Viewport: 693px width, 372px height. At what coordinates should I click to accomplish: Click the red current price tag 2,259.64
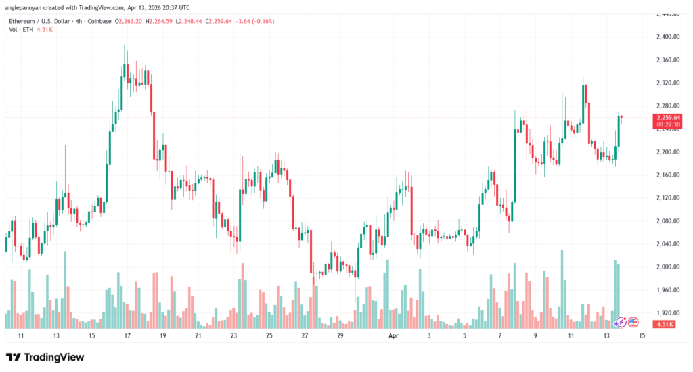(x=668, y=118)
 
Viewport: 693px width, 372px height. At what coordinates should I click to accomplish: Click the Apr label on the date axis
(x=393, y=335)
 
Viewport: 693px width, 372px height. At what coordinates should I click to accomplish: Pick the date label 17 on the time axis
(x=127, y=335)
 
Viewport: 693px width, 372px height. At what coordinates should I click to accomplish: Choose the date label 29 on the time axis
(x=340, y=335)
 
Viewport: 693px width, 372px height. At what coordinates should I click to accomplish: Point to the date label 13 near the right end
(x=606, y=335)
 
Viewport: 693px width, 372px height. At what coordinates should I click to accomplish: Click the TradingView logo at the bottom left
(x=45, y=357)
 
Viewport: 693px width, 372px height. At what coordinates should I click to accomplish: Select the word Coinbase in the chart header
(x=99, y=21)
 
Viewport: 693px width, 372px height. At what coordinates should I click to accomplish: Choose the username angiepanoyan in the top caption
(x=26, y=7)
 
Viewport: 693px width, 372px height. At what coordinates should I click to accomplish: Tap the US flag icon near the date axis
(x=633, y=323)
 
